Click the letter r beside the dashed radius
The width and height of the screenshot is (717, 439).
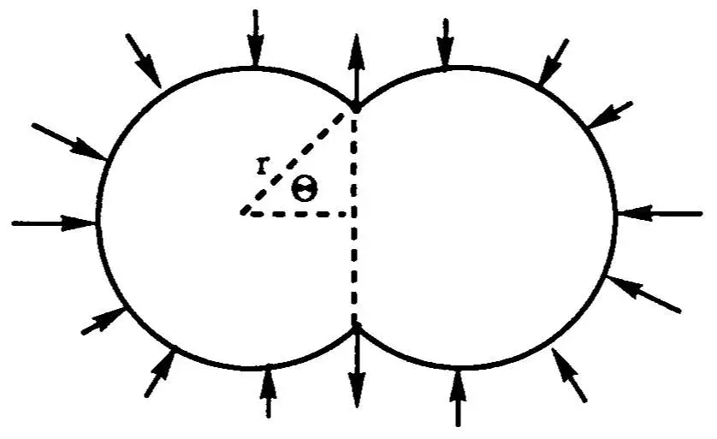coord(261,165)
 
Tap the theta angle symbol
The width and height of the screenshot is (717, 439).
coord(305,189)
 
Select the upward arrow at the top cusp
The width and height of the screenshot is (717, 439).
coord(357,71)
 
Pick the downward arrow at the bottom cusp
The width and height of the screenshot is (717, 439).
coord(357,365)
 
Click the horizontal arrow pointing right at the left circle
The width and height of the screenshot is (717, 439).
coord(54,222)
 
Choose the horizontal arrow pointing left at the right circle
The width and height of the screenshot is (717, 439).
coord(660,214)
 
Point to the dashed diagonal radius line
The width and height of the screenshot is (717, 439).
coord(293,163)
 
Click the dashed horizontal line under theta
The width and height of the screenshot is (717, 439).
coord(297,214)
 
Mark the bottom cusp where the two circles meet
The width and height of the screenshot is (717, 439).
coord(356,325)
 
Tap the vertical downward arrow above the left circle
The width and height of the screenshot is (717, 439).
coord(256,38)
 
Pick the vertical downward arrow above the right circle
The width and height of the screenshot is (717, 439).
coord(446,43)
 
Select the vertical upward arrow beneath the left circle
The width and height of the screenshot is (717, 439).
coord(269,391)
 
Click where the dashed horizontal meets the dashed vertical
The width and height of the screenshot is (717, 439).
coord(353,214)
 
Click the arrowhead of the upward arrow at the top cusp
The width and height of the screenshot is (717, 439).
coord(357,51)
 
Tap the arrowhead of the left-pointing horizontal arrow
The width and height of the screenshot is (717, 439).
coord(635,214)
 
